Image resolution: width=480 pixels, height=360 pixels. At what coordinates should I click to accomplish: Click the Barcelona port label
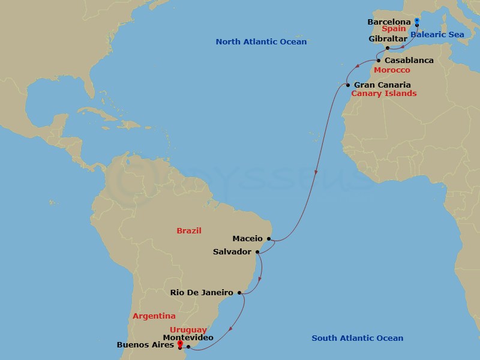(x=389, y=22)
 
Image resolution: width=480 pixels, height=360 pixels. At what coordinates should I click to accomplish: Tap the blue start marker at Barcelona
(x=416, y=22)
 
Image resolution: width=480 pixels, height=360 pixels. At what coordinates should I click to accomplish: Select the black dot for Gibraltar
(x=388, y=48)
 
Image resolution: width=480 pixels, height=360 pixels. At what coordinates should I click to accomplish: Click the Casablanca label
(x=409, y=61)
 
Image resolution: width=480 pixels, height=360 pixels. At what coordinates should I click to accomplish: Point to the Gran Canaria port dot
(x=348, y=85)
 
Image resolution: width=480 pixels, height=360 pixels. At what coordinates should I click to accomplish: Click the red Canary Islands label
(x=383, y=94)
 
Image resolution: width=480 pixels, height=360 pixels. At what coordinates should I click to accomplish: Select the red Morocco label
(x=392, y=70)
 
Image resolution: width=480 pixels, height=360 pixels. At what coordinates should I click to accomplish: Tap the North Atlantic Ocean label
(x=261, y=42)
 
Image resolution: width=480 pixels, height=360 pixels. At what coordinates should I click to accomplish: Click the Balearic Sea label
(x=437, y=35)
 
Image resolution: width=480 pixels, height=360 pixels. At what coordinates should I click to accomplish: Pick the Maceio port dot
(x=269, y=239)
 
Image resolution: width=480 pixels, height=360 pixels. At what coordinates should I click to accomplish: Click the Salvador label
(x=232, y=252)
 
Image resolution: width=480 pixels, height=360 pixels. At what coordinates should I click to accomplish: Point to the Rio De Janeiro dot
(x=239, y=293)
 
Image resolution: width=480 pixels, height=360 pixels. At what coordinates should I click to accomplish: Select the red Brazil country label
(x=189, y=231)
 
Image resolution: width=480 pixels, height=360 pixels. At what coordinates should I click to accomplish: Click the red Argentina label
(x=154, y=316)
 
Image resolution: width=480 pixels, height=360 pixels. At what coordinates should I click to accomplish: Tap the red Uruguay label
(x=188, y=330)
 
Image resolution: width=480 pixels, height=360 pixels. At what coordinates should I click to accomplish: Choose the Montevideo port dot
(x=188, y=346)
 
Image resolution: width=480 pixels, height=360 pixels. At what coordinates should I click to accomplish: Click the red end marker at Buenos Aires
(x=179, y=344)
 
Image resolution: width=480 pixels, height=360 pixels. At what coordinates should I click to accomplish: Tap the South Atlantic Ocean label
(x=357, y=338)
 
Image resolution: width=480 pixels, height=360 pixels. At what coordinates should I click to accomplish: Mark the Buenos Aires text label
(x=145, y=346)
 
